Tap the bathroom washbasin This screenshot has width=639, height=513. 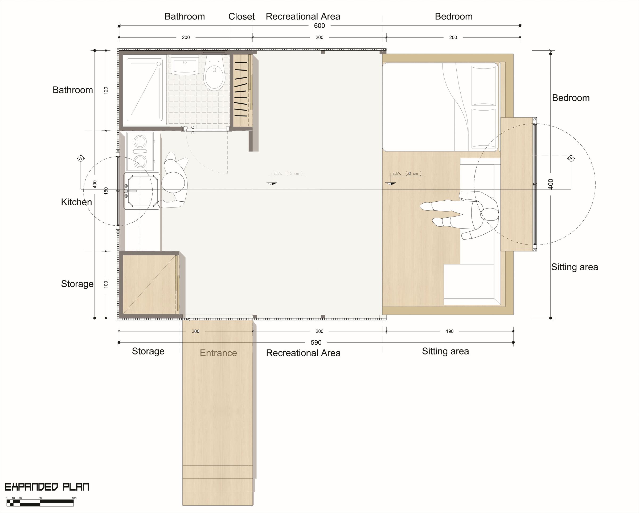185,65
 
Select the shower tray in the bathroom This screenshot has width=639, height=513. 145,90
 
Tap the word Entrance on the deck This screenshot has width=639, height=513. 218,353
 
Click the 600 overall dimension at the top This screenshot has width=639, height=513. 319,26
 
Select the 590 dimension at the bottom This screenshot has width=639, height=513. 316,343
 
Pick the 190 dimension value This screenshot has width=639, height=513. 450,331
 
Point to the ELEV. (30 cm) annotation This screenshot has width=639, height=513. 407,173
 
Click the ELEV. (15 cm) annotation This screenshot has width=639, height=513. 288,173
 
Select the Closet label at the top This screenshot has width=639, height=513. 241,17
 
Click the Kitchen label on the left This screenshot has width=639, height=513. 76,202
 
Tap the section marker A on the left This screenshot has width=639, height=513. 81,159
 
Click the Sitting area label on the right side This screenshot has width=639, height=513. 574,267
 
